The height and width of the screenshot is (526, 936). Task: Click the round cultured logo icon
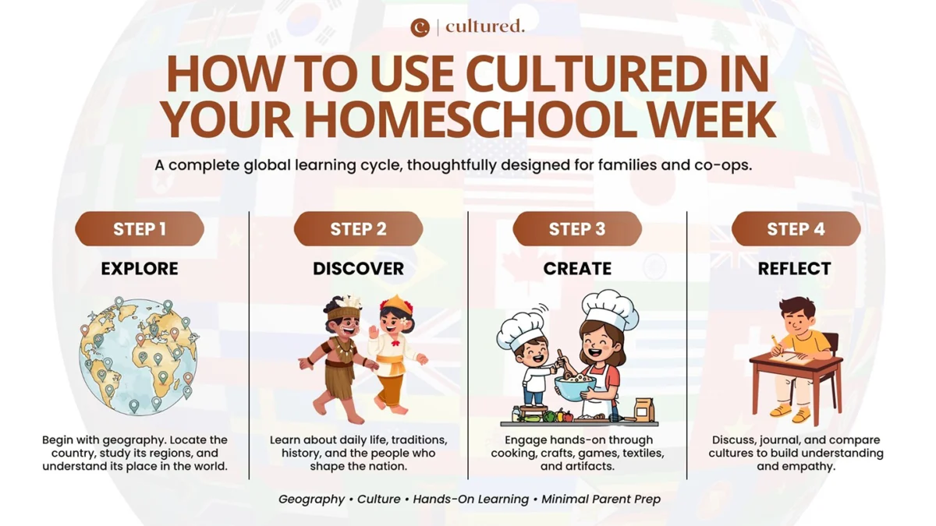pos(420,27)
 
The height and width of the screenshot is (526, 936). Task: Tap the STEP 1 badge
pos(140,229)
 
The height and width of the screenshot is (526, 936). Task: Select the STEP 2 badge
pos(359,229)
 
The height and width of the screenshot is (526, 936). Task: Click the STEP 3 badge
pos(577,229)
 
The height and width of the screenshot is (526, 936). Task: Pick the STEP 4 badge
pos(796,229)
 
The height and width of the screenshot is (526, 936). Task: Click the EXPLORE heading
pos(140,268)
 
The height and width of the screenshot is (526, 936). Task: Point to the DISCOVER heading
pos(359,268)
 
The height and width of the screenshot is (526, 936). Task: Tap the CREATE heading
pos(577,268)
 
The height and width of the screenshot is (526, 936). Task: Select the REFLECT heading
pos(794,268)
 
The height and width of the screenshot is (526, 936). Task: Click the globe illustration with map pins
pos(138,357)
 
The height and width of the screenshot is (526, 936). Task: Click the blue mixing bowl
pos(575,387)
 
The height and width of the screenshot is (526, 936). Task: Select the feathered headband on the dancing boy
pos(343,308)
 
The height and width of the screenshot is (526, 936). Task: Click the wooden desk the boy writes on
pos(796,380)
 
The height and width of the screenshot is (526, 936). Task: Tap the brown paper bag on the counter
pos(644,410)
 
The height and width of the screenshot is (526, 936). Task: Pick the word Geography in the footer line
pos(311,500)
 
